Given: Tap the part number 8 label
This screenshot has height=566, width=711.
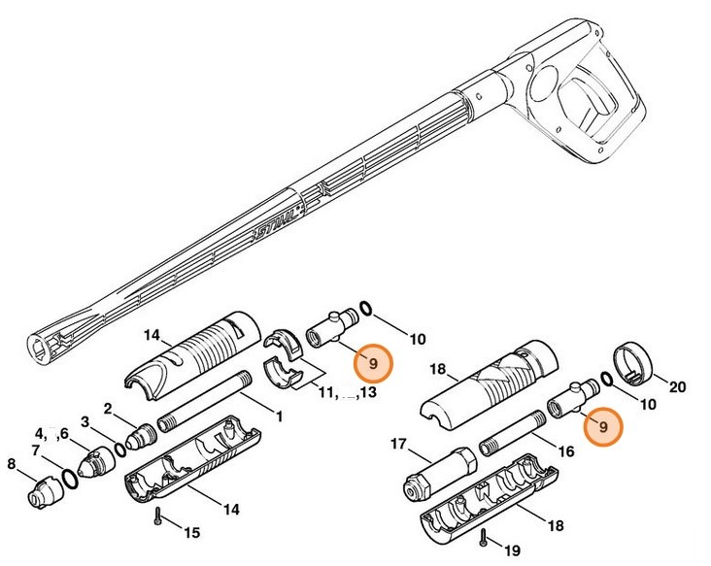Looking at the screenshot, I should click(13, 464).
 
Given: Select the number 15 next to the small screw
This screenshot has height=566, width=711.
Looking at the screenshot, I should click(191, 532).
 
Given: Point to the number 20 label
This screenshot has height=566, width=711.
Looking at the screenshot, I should click(677, 387).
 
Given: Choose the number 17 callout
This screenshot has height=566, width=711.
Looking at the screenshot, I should click(398, 445).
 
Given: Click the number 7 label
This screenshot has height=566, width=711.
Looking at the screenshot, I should click(36, 450).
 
